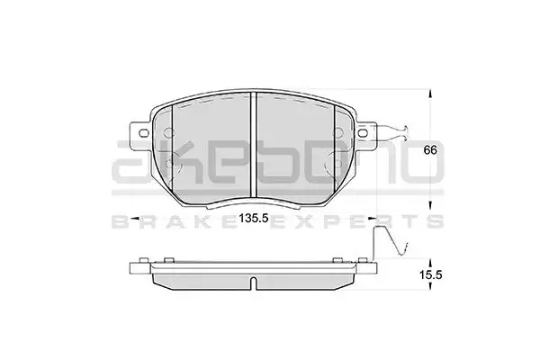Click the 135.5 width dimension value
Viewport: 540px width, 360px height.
coord(254,219)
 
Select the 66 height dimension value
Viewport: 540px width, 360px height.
coord(430,150)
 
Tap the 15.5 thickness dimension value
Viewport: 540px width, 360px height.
coord(430,274)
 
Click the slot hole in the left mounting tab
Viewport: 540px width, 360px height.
coord(143,132)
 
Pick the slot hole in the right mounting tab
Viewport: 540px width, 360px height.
coord(363,132)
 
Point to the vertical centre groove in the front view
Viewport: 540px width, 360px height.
coord(254,145)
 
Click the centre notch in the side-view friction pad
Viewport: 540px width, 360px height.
coord(253,283)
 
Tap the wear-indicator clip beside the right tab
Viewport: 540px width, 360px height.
coord(393,132)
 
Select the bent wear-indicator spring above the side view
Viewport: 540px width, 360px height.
coord(391,241)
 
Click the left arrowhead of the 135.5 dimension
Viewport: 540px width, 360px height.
coord(135,219)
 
